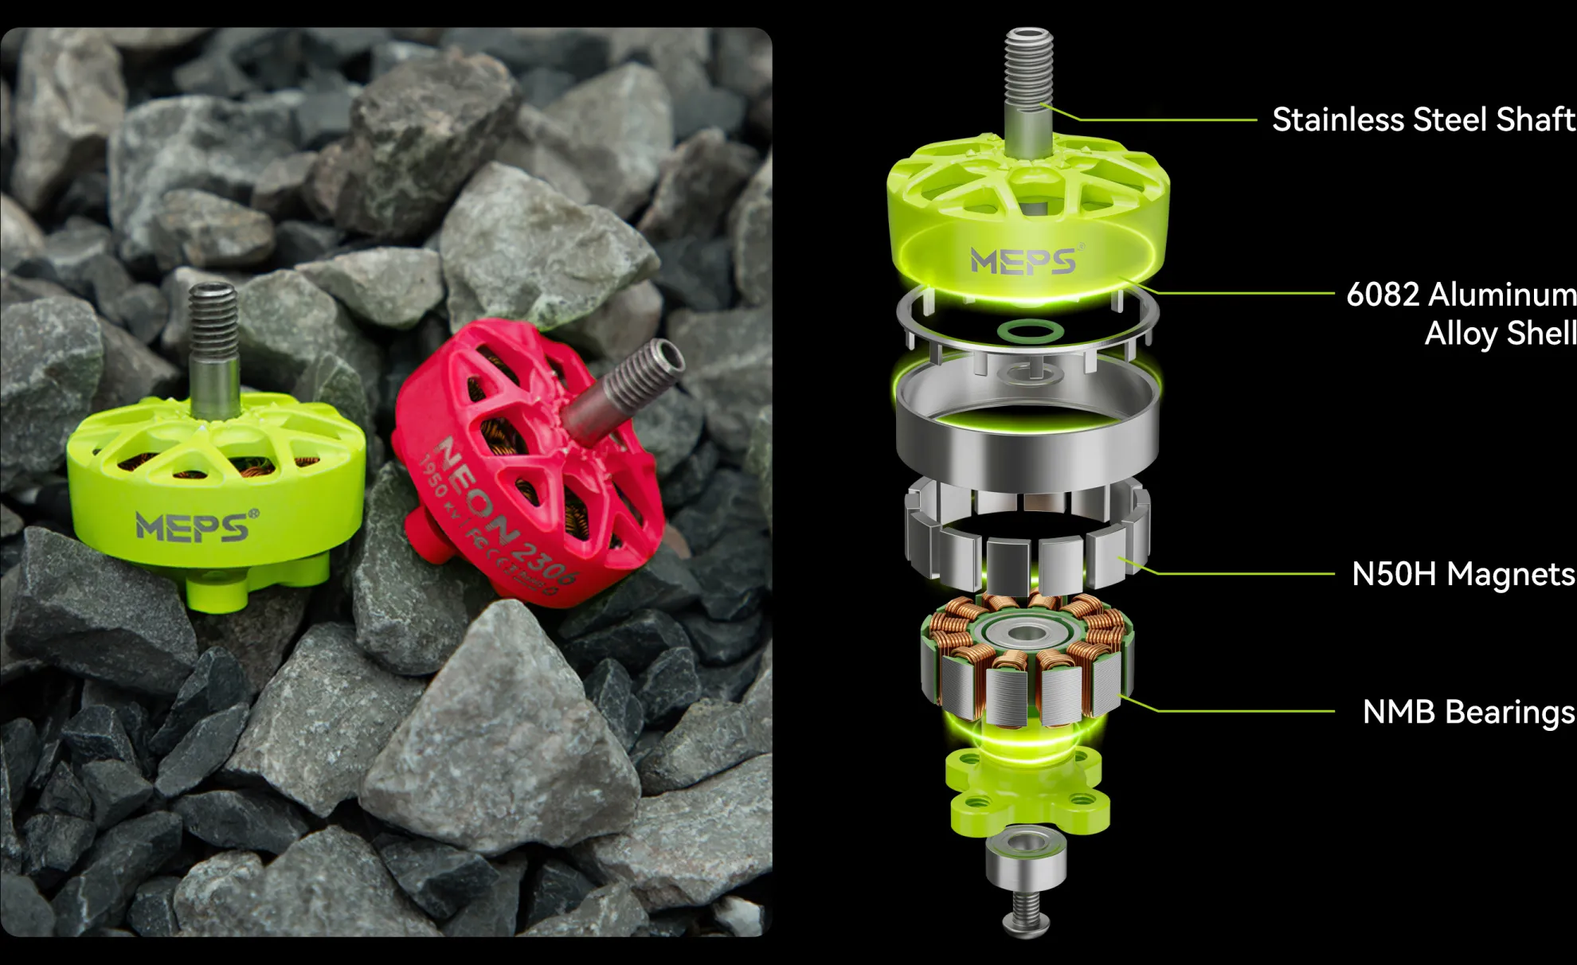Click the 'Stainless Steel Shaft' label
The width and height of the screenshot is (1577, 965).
click(1422, 119)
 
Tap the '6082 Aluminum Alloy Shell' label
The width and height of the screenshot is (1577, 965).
click(1461, 313)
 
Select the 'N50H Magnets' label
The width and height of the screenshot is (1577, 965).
click(1462, 573)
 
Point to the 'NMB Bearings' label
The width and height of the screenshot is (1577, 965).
click(1468, 711)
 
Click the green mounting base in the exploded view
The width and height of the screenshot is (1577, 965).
click(1027, 792)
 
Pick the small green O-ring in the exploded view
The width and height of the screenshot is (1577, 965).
click(1030, 330)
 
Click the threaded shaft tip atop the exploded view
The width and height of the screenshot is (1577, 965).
click(1028, 68)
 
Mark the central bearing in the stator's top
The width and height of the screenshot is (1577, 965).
click(1027, 634)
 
